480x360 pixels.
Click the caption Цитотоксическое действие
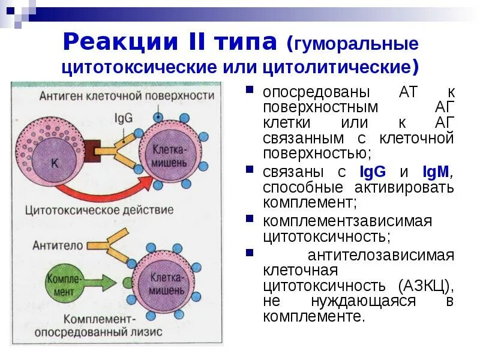[x=100, y=210]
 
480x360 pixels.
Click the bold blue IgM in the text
[x=436, y=172]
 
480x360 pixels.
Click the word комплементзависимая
[x=347, y=221]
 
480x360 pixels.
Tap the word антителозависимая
[x=380, y=254]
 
